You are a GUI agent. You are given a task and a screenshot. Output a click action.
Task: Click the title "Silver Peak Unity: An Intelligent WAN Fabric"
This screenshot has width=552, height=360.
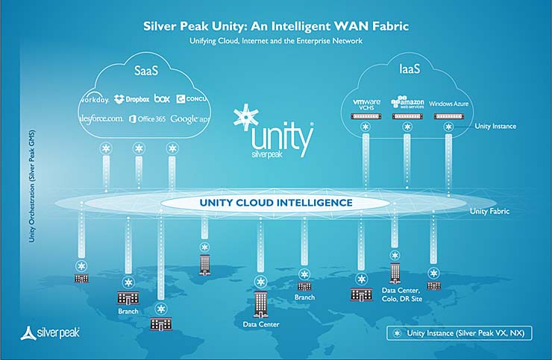tap(275, 26)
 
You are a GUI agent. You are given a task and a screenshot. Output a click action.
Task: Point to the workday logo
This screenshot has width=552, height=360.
tap(95, 99)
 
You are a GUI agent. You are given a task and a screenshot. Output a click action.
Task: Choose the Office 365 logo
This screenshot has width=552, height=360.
tap(146, 119)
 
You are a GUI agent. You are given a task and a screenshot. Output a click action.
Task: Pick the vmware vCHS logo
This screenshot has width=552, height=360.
tap(366, 103)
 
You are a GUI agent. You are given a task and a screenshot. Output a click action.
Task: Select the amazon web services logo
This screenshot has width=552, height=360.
tap(407, 102)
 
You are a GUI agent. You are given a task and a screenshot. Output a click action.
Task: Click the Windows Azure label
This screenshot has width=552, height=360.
tap(449, 104)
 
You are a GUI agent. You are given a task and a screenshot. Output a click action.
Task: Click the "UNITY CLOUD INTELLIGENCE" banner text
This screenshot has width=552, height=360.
tap(276, 203)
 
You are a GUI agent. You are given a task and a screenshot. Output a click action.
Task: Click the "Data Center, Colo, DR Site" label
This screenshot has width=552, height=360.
tap(403, 294)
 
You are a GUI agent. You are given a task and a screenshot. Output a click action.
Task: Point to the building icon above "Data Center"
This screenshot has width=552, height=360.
tap(260, 303)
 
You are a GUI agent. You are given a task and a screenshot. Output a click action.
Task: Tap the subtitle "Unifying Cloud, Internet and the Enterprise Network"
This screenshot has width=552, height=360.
tap(275, 41)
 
